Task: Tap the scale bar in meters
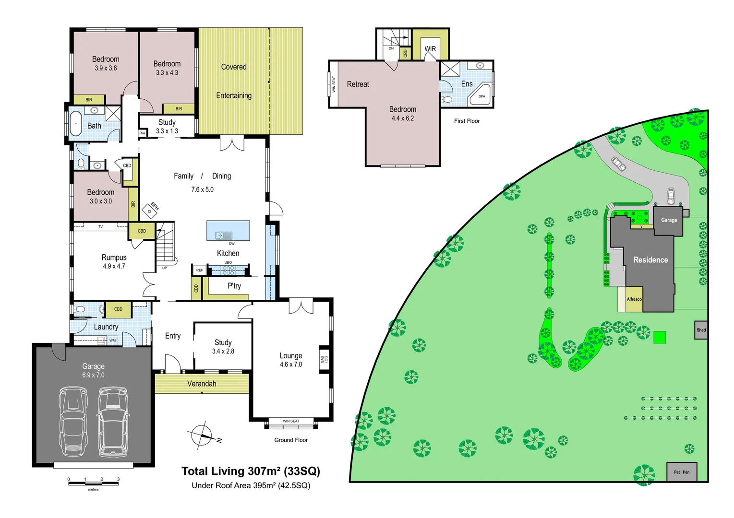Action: tap(94, 483)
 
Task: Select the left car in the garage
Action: tap(73, 422)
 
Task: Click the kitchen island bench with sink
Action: tap(228, 231)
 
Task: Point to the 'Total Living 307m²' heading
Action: tap(251, 471)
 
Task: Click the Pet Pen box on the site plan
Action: tap(681, 472)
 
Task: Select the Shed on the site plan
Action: tap(701, 330)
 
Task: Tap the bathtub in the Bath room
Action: tap(76, 124)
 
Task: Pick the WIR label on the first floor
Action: tap(430, 49)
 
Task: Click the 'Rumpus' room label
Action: tap(114, 258)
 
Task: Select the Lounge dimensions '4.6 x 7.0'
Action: tap(291, 365)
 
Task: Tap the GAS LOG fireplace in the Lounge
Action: tap(325, 359)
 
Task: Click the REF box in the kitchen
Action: tap(199, 271)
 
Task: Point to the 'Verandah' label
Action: tap(202, 384)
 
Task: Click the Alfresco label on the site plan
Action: tap(634, 299)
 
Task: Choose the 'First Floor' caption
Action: tap(467, 121)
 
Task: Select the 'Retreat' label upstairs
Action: tap(358, 84)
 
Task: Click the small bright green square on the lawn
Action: tap(660, 337)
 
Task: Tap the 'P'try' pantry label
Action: tap(234, 286)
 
